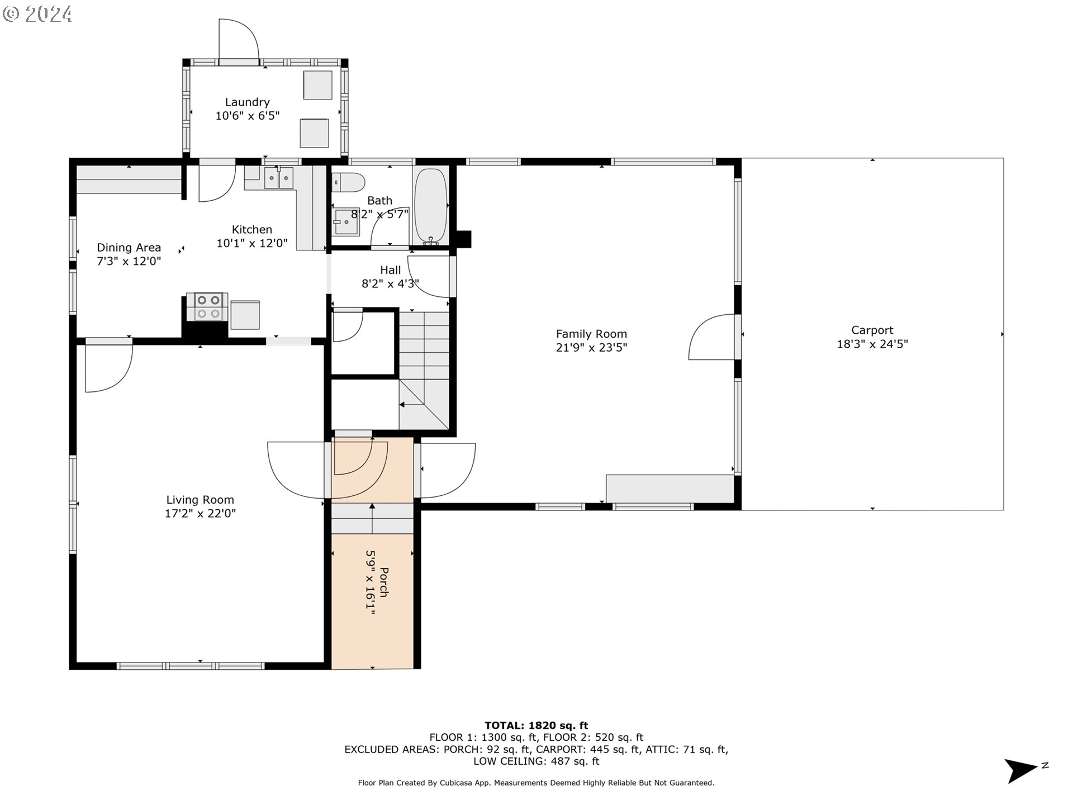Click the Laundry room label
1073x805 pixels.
[247, 102]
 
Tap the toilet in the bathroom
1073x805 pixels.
[348, 182]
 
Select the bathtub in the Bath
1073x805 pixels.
[431, 206]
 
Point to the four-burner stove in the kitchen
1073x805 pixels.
[208, 307]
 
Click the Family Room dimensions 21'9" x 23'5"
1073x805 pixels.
[591, 347]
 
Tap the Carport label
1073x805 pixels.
[872, 330]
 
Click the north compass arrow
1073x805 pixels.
[1022, 771]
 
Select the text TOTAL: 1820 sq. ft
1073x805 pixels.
[536, 726]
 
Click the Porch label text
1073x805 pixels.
[384, 583]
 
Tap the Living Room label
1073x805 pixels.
[200, 500]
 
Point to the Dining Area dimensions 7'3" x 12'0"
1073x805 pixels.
[129, 261]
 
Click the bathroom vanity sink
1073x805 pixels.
[346, 222]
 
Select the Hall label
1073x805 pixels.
[390, 270]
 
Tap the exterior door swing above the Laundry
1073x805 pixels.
[239, 39]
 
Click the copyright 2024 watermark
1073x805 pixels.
[37, 14]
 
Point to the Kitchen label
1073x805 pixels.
[252, 230]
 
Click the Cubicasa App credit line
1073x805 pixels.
[536, 783]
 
